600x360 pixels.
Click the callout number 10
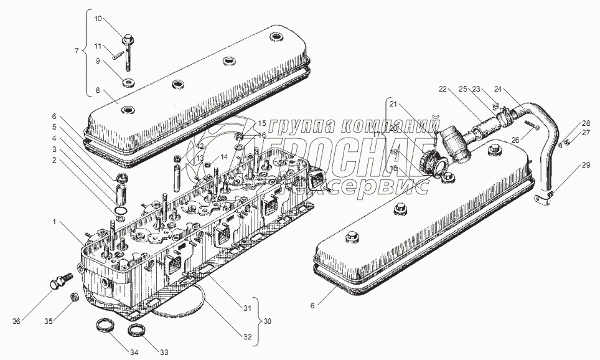click(98, 19)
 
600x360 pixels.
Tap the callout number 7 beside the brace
click(77, 49)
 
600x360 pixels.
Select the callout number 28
click(586, 123)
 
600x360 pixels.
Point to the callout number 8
click(98, 90)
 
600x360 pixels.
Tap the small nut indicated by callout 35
click(72, 296)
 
